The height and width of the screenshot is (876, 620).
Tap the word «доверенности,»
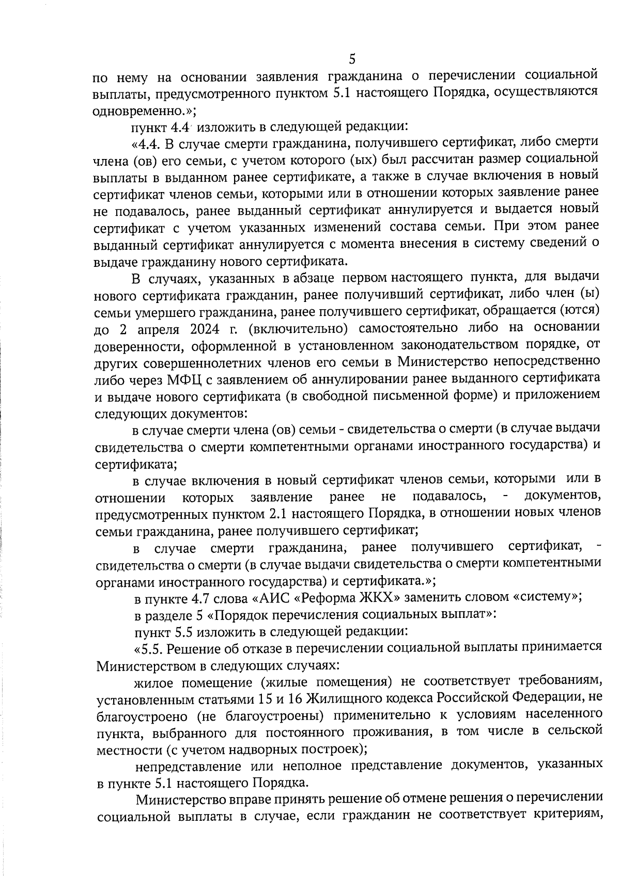[137, 345]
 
